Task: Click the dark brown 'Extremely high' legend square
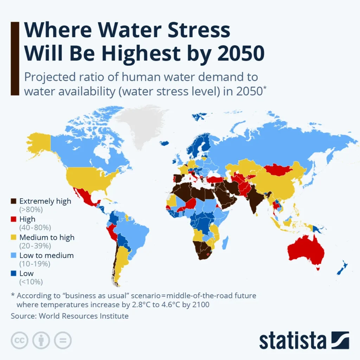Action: (x=14, y=201)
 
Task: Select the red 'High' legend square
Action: (x=14, y=219)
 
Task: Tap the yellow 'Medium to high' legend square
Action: (x=14, y=237)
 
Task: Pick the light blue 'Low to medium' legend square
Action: (x=14, y=256)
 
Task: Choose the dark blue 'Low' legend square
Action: (x=14, y=274)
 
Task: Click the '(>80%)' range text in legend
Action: (x=31, y=210)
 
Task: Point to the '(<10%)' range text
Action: (x=31, y=282)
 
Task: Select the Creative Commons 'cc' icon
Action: (x=20, y=340)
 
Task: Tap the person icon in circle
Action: (x=41, y=340)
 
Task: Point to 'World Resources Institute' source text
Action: (x=83, y=316)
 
